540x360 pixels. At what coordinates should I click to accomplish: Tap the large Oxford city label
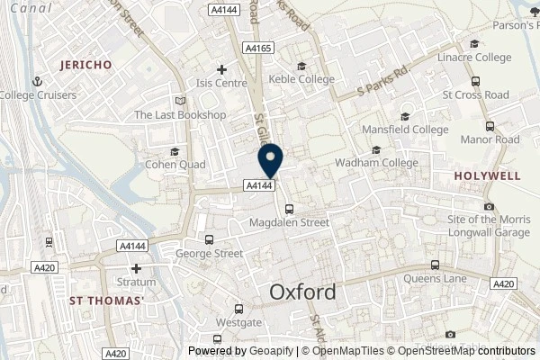pos(303,292)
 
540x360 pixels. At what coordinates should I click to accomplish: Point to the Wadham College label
pos(376,163)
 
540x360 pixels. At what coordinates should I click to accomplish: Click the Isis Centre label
pos(221,83)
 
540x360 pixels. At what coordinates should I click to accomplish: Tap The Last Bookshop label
pos(179,115)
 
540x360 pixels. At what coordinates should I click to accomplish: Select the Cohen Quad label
pos(175,165)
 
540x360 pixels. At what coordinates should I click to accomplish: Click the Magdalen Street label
pos(289,221)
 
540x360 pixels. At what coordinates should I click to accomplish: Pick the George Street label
pos(209,254)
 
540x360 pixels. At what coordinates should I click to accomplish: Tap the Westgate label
pos(238,321)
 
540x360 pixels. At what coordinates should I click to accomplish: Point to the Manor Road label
pos(490,140)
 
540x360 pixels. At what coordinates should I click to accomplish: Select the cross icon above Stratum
pos(136,268)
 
